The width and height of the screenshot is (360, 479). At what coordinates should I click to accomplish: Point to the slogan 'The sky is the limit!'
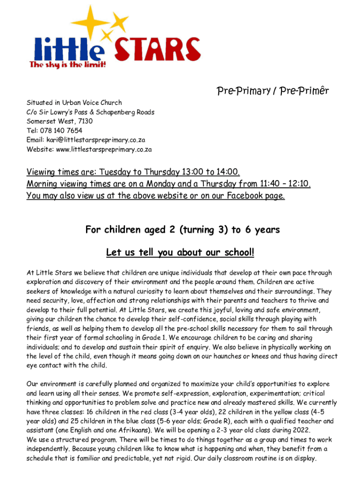68,65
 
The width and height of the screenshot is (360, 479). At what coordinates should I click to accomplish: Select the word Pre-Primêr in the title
303,91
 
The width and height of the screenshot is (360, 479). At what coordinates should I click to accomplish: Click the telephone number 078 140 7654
62,131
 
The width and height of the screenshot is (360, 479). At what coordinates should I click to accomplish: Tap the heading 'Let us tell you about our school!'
180,253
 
